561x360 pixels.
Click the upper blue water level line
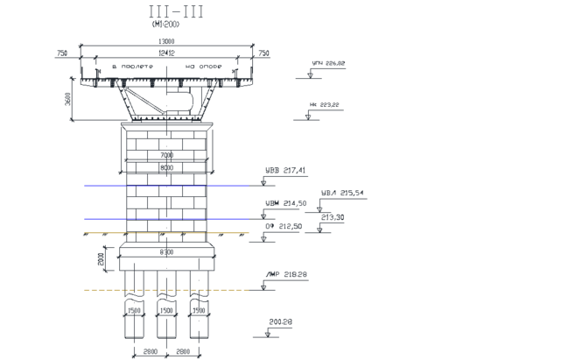166,185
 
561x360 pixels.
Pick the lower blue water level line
166,218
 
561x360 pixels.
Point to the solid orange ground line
166,233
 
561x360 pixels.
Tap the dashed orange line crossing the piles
166,289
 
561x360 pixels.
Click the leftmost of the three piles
133,315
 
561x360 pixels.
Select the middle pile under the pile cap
166,315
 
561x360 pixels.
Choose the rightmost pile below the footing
199,315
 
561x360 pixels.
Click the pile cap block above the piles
166,256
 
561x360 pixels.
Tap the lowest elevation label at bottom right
280,323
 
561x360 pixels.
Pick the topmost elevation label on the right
328,65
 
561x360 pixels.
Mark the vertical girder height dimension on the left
70,98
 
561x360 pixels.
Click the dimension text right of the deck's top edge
264,53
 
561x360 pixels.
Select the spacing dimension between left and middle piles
150,352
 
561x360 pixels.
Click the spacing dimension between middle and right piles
183,352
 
